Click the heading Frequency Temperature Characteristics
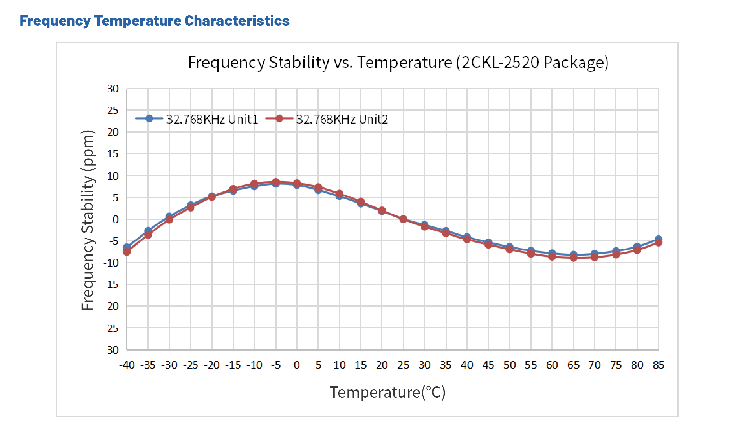(x=154, y=21)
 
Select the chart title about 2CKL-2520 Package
(x=398, y=62)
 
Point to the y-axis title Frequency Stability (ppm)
(x=88, y=220)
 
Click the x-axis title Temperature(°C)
(x=387, y=393)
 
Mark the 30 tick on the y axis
(x=113, y=89)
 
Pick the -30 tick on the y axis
(x=111, y=350)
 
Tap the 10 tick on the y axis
(x=113, y=176)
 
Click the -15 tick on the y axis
(x=111, y=284)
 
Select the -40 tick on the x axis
(x=127, y=365)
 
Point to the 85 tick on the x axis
(x=658, y=365)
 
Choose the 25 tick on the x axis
(x=403, y=365)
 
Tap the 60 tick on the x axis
(x=552, y=365)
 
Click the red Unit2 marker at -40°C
(x=127, y=252)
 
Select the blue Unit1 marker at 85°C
(x=658, y=239)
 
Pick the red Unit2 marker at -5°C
(x=276, y=182)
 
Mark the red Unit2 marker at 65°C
(x=574, y=258)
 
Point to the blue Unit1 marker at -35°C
(x=148, y=230)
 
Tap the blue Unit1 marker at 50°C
(x=510, y=246)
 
